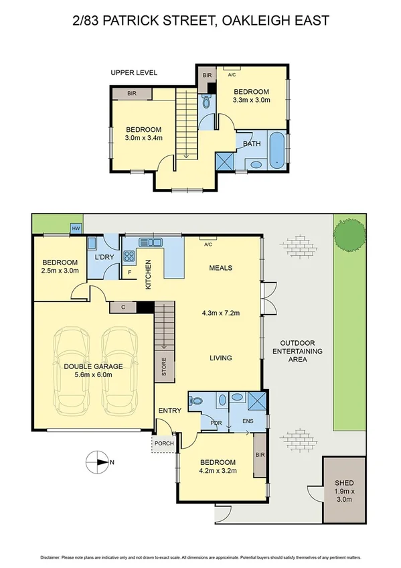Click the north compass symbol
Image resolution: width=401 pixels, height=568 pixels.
98,461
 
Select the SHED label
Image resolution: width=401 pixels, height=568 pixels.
344,483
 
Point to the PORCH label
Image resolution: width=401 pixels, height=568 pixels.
163,443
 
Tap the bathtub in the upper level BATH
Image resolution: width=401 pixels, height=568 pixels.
276,149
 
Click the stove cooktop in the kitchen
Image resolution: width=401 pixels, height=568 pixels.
129,256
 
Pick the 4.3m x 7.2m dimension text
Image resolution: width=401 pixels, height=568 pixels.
220,313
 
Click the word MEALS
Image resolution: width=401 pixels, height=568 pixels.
220,268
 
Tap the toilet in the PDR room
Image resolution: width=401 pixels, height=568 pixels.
195,401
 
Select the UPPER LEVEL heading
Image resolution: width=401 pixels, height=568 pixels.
134,72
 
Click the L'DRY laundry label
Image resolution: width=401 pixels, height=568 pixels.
104,258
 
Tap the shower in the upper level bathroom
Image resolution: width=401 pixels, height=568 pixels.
224,161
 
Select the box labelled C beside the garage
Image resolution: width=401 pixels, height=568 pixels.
123,307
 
